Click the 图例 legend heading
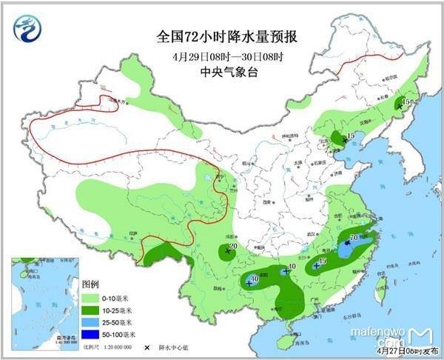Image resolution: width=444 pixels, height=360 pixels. pyautogui.click(x=90, y=284)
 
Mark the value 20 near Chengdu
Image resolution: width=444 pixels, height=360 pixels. pyautogui.click(x=233, y=247)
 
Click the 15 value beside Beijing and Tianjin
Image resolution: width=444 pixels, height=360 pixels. pyautogui.click(x=351, y=135)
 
